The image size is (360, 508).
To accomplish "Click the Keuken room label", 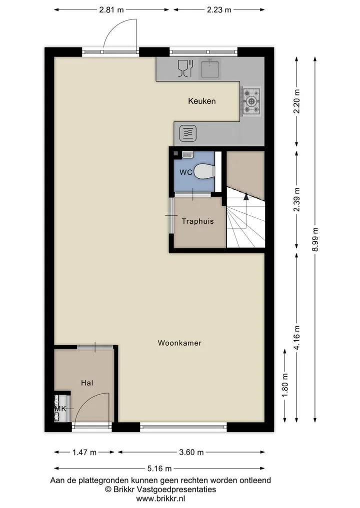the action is click(201, 101).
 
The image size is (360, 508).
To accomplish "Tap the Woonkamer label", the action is click(179, 343).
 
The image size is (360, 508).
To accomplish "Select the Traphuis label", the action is click(198, 221).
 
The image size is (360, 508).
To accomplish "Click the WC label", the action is click(186, 172).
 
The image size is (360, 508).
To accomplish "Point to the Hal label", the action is click(87, 383).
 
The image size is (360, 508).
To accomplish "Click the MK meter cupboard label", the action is click(60, 409).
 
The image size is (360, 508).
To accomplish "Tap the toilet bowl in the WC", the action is click(204, 172).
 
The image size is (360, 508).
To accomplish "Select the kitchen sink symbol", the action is click(210, 68).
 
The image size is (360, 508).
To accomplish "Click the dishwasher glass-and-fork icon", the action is click(186, 68).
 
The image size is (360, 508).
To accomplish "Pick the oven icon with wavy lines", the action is click(188, 133).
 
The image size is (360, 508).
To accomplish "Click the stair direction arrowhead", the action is click(246, 196).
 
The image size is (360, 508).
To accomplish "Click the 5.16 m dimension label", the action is click(159, 468).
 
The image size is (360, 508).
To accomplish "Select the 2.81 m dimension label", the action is click(111, 9).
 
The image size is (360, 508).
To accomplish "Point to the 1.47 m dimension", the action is click(84, 452).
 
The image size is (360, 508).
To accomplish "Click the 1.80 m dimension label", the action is click(285, 386).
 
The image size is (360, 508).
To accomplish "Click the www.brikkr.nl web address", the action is click(160, 499).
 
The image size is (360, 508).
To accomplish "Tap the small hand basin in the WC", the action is click(187, 154).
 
